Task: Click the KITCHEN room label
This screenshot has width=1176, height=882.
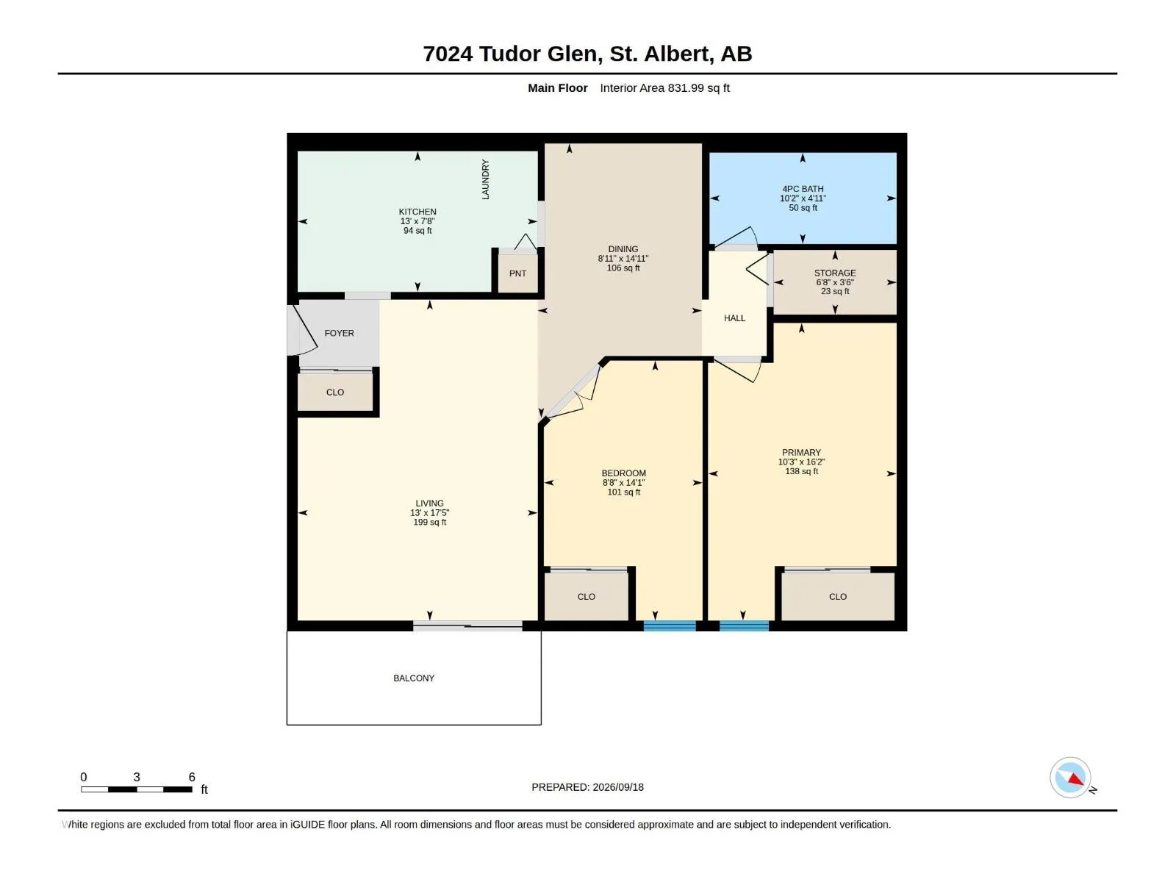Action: click(417, 212)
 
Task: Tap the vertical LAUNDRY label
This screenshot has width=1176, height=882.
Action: click(485, 179)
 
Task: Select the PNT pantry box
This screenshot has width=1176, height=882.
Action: click(517, 273)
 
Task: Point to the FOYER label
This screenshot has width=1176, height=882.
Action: click(339, 333)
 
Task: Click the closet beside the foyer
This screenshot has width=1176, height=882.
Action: click(335, 392)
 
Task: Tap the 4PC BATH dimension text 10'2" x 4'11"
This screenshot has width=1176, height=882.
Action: click(803, 198)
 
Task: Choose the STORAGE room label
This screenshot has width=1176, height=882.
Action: click(835, 273)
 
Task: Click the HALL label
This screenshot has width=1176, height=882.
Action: click(734, 318)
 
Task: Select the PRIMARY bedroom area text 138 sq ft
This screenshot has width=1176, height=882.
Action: click(801, 471)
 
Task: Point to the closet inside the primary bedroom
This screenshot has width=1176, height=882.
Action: click(838, 597)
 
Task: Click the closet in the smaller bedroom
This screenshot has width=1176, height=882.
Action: click(586, 597)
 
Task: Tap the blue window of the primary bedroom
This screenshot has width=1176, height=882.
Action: click(744, 626)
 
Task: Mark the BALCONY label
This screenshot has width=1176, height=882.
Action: click(414, 678)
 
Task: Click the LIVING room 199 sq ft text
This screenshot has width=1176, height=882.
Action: click(430, 522)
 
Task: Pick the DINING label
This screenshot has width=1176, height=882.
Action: click(623, 249)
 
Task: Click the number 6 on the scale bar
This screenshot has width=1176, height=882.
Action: click(192, 776)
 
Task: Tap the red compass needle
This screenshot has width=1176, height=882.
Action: click(1075, 779)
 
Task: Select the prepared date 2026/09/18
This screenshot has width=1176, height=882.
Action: click(617, 787)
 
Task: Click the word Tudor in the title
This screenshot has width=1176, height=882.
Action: click(509, 54)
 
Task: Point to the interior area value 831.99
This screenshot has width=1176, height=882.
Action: click(686, 87)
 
